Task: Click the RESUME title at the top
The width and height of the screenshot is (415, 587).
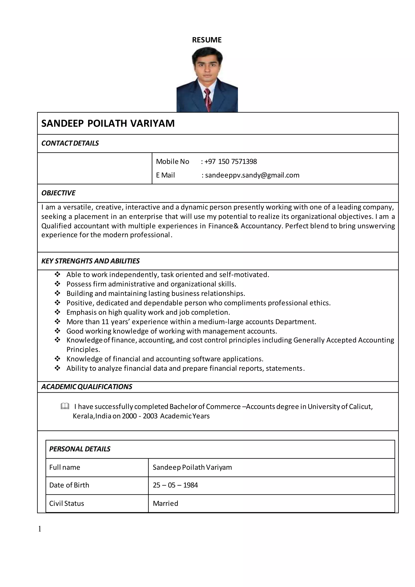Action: [x=207, y=40]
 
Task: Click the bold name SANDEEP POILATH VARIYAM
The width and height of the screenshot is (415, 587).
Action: [x=108, y=124]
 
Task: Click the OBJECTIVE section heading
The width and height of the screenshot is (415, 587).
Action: [x=58, y=193]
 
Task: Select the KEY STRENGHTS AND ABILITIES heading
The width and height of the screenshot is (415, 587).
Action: [x=90, y=261]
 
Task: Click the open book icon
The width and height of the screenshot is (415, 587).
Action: [x=65, y=406]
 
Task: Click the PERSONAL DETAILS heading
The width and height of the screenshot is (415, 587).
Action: [x=79, y=449]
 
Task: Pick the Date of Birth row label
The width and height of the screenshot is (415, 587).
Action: [x=69, y=485]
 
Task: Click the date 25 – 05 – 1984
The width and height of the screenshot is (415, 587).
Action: [x=175, y=485]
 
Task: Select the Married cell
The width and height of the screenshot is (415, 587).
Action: [x=165, y=503]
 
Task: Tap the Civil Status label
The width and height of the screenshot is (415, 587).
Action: [x=66, y=503]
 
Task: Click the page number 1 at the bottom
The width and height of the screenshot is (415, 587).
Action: [x=40, y=529]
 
